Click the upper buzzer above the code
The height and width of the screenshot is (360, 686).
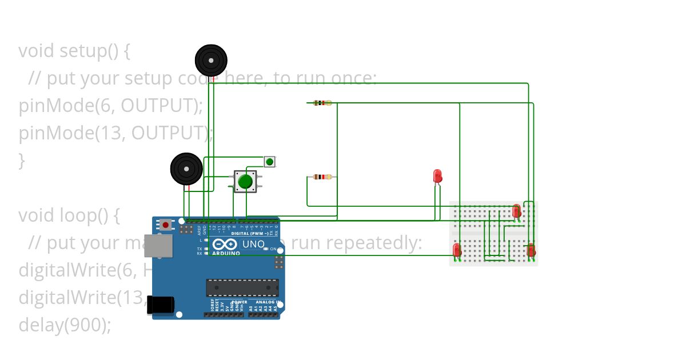pos(211,60)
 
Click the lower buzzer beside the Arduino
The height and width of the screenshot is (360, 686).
pos(186,169)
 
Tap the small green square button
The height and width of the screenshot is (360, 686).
pos(269,161)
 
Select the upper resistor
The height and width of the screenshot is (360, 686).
pos(322,103)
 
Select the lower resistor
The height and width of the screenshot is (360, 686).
pos(322,177)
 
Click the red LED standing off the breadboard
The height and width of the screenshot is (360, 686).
pos(438,175)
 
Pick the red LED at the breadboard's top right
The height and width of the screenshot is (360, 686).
pos(517,211)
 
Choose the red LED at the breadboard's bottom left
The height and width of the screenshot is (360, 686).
pos(457,250)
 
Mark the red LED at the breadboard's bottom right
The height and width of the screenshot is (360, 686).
pos(531,250)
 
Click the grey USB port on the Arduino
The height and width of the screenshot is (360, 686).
pos(159,245)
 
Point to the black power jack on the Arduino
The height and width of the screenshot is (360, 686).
pos(160,304)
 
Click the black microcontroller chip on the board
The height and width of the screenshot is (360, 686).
pos(242,287)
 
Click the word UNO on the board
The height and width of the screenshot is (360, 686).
pos(253,244)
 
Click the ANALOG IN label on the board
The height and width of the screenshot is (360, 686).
pos(267,302)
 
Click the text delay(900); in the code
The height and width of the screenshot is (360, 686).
pos(65,325)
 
